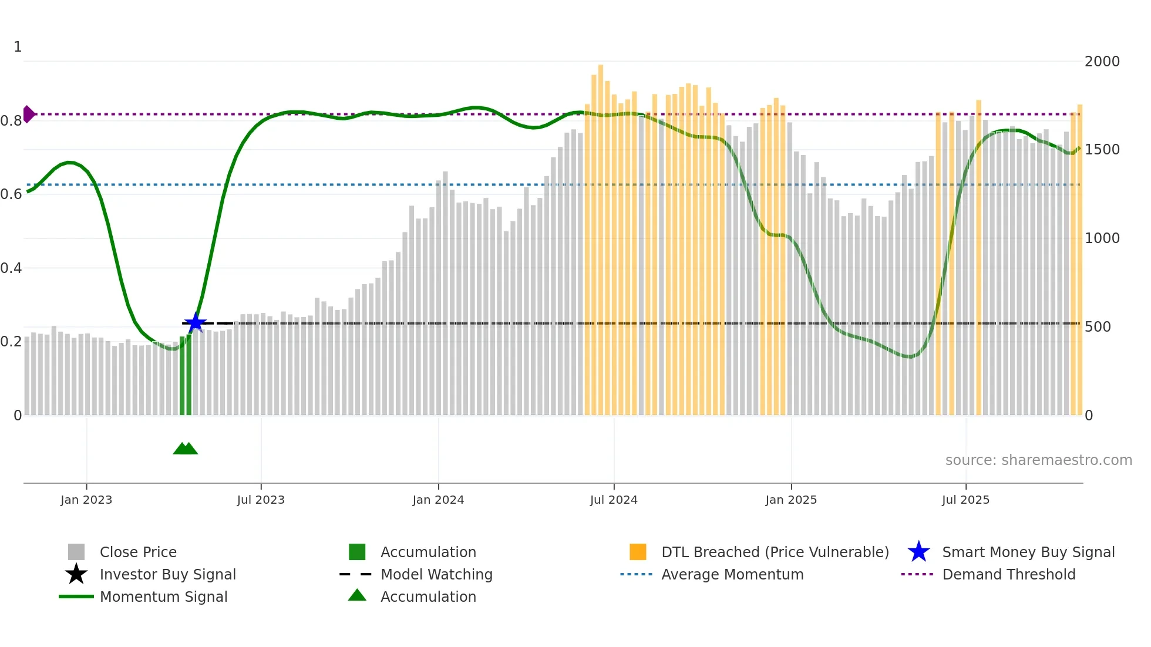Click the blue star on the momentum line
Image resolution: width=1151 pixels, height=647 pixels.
tap(195, 322)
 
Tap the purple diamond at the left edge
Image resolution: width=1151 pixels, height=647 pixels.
tap(28, 114)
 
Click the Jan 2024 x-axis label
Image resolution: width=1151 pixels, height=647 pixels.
tap(438, 500)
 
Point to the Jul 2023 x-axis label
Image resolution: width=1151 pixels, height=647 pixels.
tap(261, 500)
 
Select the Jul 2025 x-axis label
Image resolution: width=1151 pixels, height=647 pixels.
tap(965, 500)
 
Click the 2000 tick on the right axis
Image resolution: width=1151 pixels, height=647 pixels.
tap(1102, 61)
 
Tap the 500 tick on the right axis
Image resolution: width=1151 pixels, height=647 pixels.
tap(1097, 326)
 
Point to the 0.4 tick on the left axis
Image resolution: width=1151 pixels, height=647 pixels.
tap(11, 268)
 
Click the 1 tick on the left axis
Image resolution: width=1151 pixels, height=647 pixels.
tap(18, 46)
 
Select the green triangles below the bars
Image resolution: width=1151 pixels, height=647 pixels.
tap(186, 449)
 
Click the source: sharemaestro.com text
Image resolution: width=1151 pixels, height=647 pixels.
tap(1038, 460)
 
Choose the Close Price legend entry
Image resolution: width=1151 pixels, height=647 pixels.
tap(138, 552)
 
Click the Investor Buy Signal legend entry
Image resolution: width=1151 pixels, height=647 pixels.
tap(167, 574)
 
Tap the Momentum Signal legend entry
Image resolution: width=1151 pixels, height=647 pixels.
tap(163, 597)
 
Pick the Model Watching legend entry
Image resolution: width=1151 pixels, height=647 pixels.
tap(436, 574)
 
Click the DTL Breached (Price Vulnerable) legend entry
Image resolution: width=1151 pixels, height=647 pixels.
tap(775, 552)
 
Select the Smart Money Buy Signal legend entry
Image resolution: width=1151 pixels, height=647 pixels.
tap(1028, 552)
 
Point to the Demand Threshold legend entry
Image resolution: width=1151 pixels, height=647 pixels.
tap(1008, 574)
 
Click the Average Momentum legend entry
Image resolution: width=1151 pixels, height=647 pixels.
tap(732, 574)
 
